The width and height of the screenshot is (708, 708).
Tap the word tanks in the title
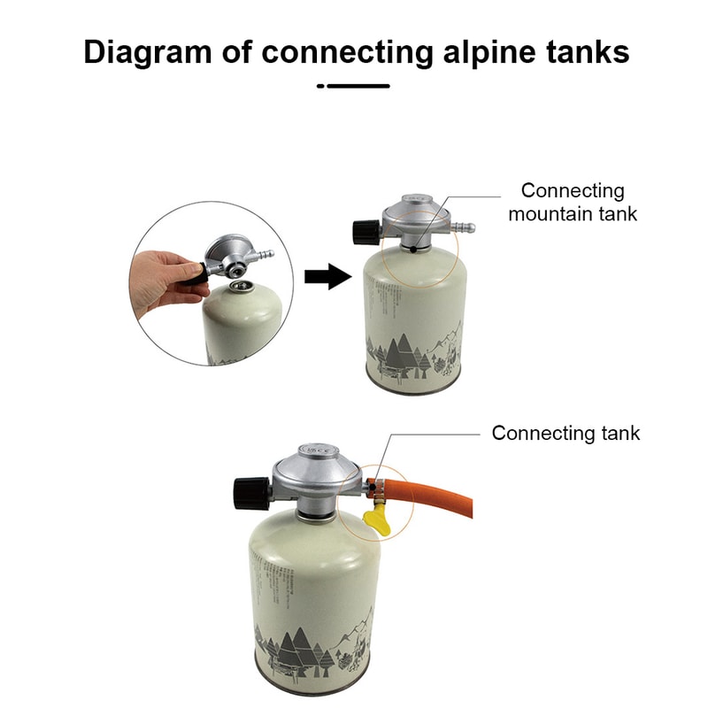pos(585,52)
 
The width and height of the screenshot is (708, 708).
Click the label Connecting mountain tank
pos(573,202)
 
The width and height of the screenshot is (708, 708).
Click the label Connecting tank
pos(566,433)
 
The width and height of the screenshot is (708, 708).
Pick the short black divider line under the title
pos(354,86)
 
